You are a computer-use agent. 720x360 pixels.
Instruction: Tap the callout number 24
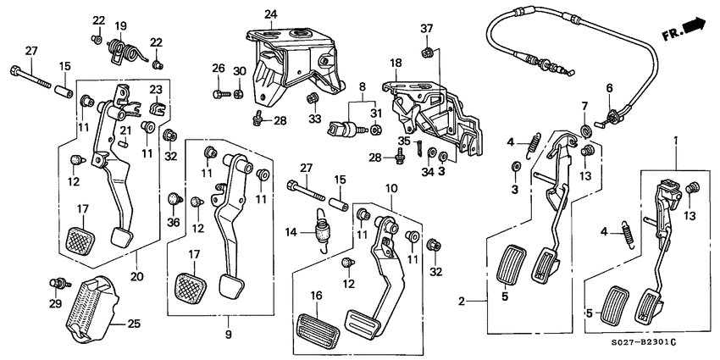tap(270, 14)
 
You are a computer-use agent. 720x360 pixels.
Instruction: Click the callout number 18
tap(395, 62)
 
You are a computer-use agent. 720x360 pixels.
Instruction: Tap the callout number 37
tap(427, 28)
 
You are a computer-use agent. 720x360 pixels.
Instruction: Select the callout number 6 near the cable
tap(607, 88)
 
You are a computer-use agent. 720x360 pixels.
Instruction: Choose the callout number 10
tap(391, 186)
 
